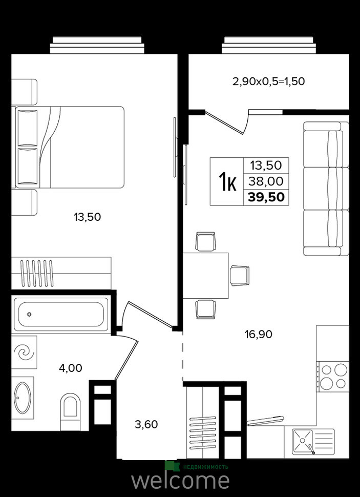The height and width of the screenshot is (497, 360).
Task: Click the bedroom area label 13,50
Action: point(87,217)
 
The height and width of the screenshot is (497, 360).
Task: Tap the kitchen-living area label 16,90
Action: point(259,334)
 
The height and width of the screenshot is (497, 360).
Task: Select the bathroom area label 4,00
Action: point(70,368)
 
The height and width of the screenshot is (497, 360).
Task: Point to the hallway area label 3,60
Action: point(146,424)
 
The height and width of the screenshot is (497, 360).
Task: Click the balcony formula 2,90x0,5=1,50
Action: point(269,81)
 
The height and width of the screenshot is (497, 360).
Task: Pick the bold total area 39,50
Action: point(266,197)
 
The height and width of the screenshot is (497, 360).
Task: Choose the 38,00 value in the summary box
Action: point(266,181)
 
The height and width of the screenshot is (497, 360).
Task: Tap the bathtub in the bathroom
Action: point(61,315)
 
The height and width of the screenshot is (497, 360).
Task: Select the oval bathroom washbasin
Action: point(23,398)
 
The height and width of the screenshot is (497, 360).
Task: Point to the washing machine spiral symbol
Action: point(25,352)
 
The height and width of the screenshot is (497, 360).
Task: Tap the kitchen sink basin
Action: point(302,441)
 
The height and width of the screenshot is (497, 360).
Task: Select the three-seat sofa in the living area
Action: point(326,189)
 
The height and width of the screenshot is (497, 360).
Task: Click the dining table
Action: point(206,276)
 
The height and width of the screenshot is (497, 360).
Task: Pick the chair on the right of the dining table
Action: point(240,276)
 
